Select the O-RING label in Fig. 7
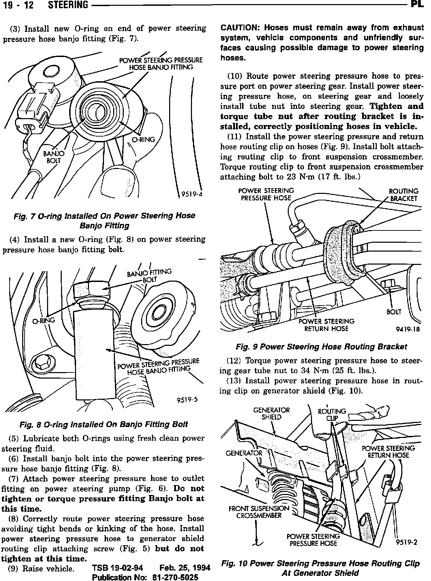(x=144, y=139)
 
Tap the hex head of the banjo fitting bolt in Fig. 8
(x=91, y=289)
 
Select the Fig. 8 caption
(x=104, y=424)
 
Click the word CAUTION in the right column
(x=240, y=28)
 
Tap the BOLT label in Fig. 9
(x=394, y=312)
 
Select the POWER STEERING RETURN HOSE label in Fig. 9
(x=326, y=325)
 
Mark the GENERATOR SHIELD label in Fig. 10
(x=271, y=413)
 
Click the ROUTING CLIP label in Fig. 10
(x=331, y=415)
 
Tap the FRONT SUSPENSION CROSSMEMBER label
(x=259, y=512)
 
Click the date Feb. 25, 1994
(x=184, y=568)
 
